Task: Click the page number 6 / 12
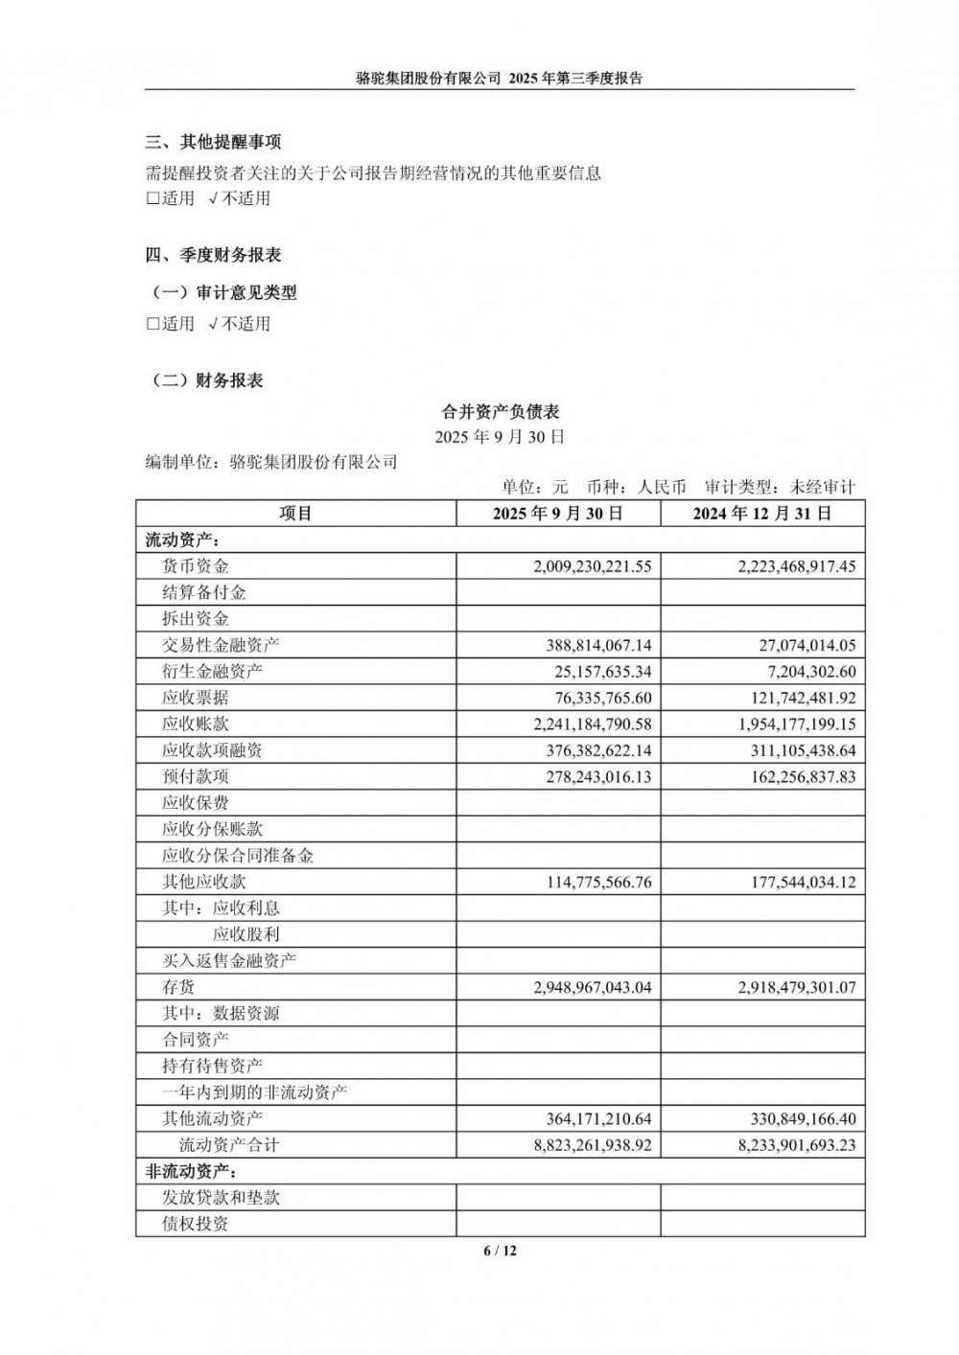point(500,1251)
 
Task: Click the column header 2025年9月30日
point(558,514)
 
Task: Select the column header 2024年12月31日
point(762,514)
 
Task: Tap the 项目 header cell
point(295,514)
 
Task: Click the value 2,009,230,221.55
point(592,566)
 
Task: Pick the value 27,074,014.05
point(806,645)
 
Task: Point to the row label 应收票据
point(196,698)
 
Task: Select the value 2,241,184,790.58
point(592,724)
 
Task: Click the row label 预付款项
point(196,776)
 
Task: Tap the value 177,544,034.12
point(801,882)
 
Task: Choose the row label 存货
point(178,987)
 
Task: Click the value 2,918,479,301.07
point(796,987)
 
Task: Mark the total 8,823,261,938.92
point(592,1145)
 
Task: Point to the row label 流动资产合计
point(229,1145)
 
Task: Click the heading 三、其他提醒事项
point(213,143)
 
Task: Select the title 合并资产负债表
point(500,412)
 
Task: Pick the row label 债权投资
point(196,1224)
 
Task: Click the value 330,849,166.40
point(801,1118)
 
